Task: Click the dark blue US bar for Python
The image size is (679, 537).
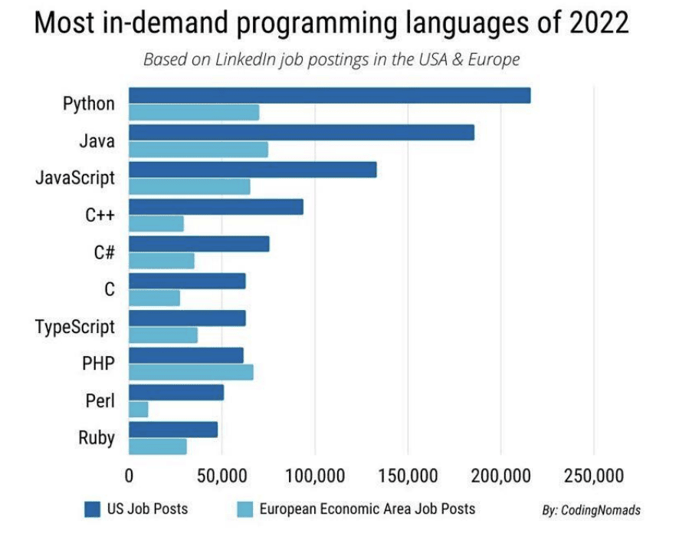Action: pyautogui.click(x=330, y=96)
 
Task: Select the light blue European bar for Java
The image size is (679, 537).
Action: pyautogui.click(x=198, y=150)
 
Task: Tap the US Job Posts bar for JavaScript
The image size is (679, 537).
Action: pyautogui.click(x=253, y=170)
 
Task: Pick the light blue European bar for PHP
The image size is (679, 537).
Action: pyautogui.click(x=191, y=372)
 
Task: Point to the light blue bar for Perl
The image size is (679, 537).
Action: pyautogui.click(x=139, y=409)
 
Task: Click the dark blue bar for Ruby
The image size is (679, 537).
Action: pyautogui.click(x=173, y=429)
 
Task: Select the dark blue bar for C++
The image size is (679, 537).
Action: pyautogui.click(x=216, y=207)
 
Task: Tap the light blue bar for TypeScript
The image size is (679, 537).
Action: pyautogui.click(x=163, y=335)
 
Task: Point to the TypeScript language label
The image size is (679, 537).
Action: pyautogui.click(x=75, y=327)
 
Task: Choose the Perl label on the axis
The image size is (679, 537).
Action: pyautogui.click(x=100, y=400)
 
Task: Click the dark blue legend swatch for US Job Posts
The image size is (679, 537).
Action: pyautogui.click(x=92, y=508)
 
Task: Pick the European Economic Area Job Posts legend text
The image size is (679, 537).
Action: pyautogui.click(x=367, y=508)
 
